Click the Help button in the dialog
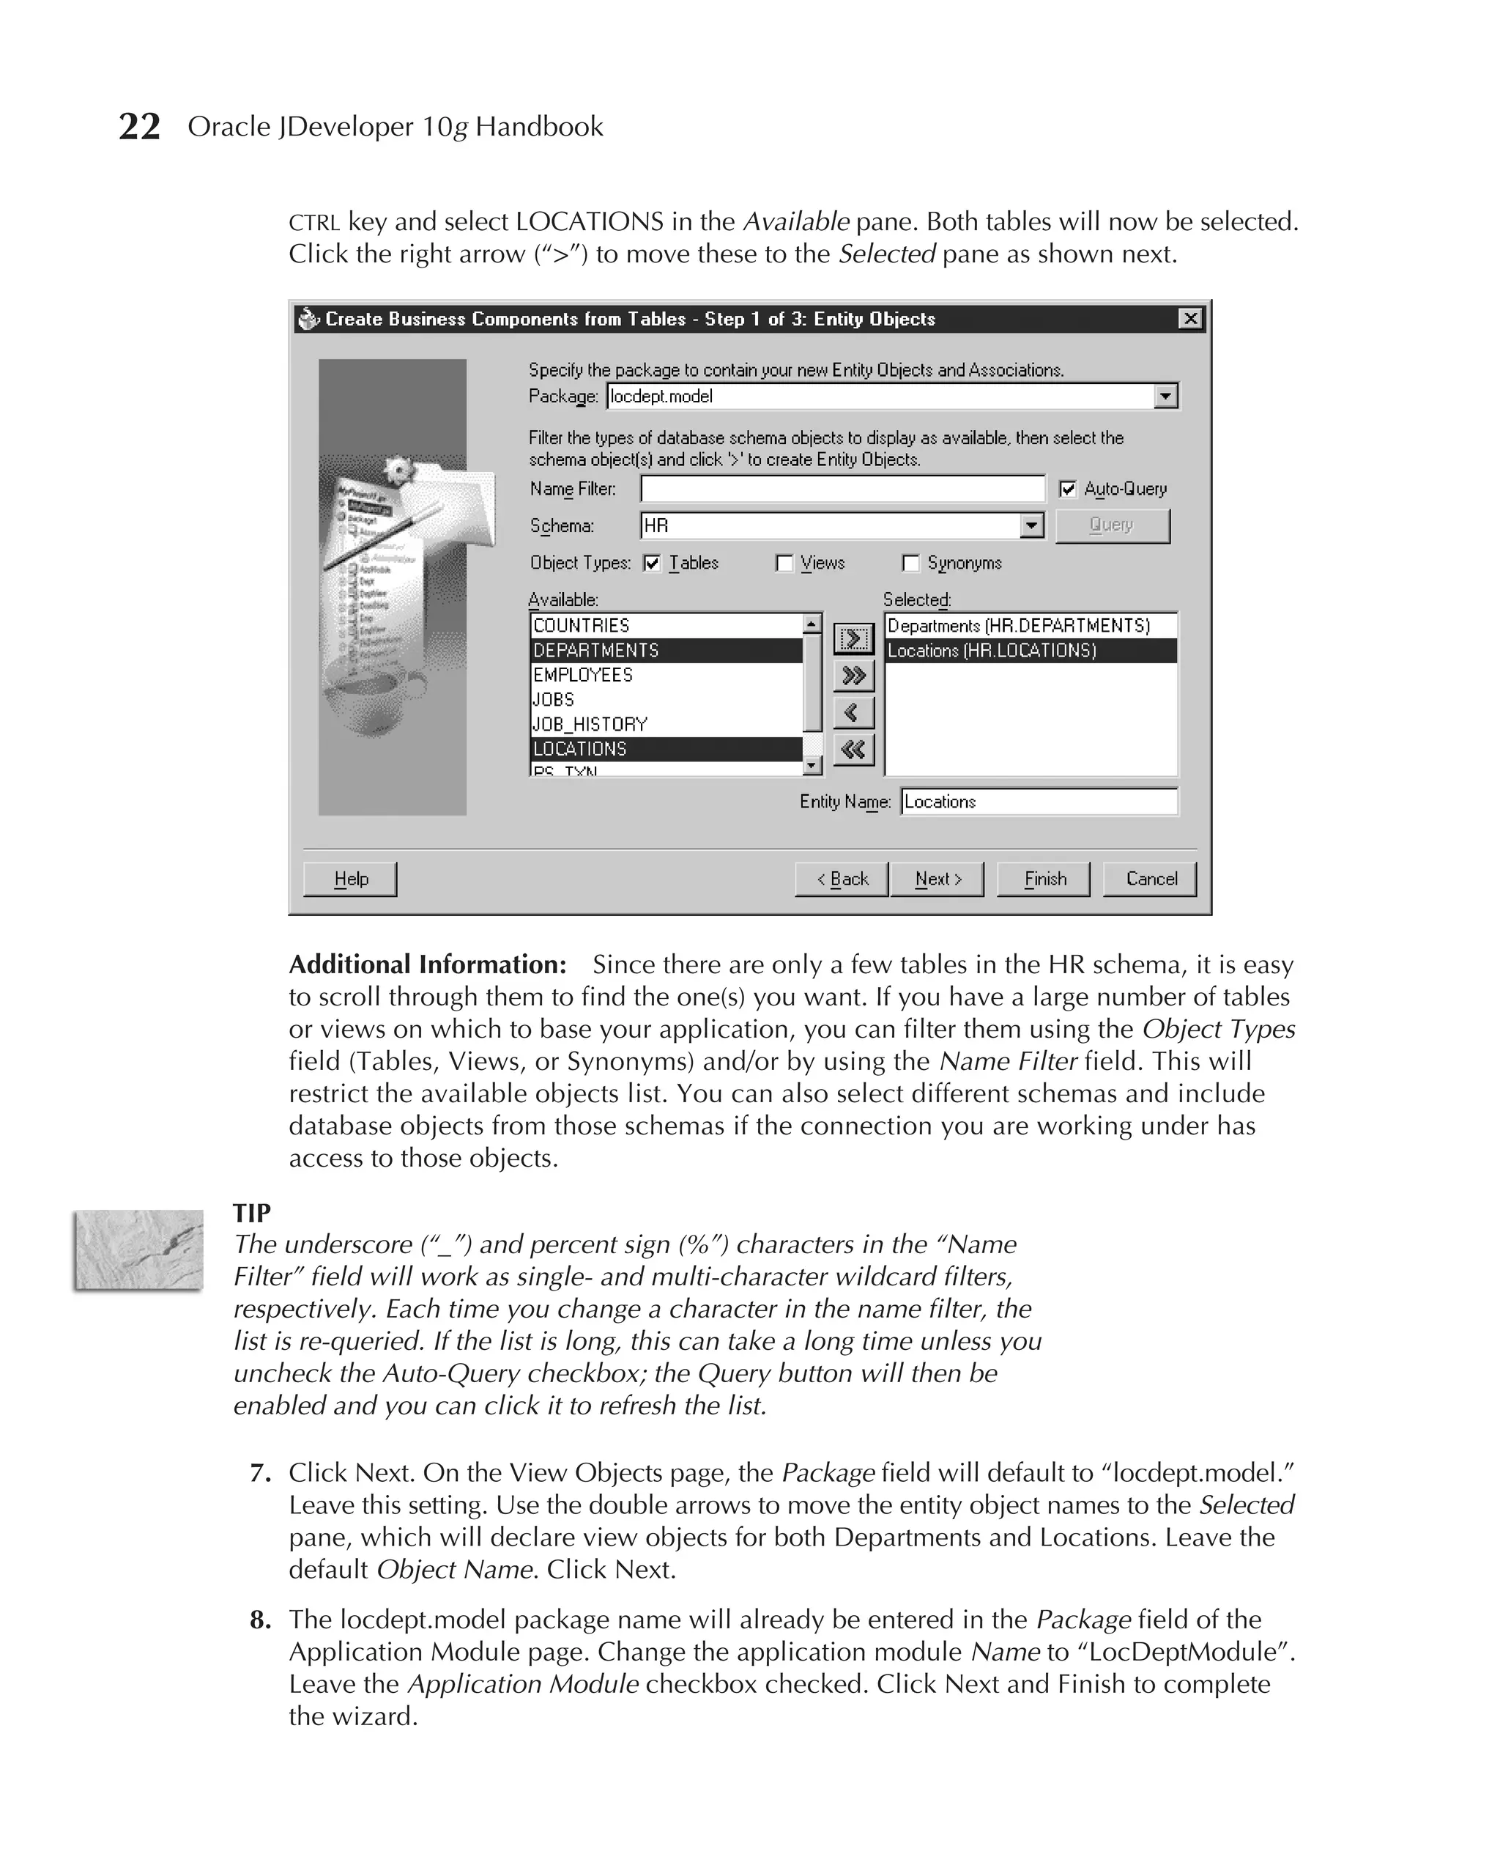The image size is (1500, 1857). point(350,879)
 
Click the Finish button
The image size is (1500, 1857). point(1044,879)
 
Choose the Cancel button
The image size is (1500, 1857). point(1150,879)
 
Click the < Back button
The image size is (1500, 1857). point(842,879)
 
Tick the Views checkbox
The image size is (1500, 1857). point(784,564)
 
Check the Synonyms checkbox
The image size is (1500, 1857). point(910,564)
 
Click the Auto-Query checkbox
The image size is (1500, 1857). point(1068,490)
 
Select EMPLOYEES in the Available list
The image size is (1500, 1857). point(583,675)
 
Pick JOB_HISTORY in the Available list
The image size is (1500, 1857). point(590,725)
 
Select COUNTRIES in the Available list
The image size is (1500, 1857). point(582,626)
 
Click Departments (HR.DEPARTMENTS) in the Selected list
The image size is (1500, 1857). point(1019,626)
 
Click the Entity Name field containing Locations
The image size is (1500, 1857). point(1039,802)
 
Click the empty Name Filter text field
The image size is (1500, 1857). point(842,490)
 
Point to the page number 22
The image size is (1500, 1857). point(139,127)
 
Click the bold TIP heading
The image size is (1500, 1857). point(251,1213)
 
